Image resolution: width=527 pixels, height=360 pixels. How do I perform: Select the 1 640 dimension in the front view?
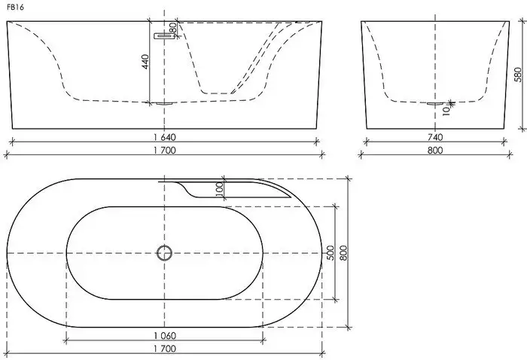[x=163, y=138]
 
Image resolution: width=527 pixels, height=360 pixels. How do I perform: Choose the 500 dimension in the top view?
[x=328, y=252]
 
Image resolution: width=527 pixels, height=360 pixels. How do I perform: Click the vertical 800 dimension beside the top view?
[x=343, y=253]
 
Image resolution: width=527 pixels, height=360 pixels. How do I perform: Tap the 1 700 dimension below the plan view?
[x=163, y=349]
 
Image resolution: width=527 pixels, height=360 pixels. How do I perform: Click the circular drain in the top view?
[x=164, y=252]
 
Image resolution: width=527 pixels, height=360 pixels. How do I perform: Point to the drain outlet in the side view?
[x=436, y=103]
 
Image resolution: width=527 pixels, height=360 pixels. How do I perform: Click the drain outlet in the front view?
[x=164, y=102]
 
